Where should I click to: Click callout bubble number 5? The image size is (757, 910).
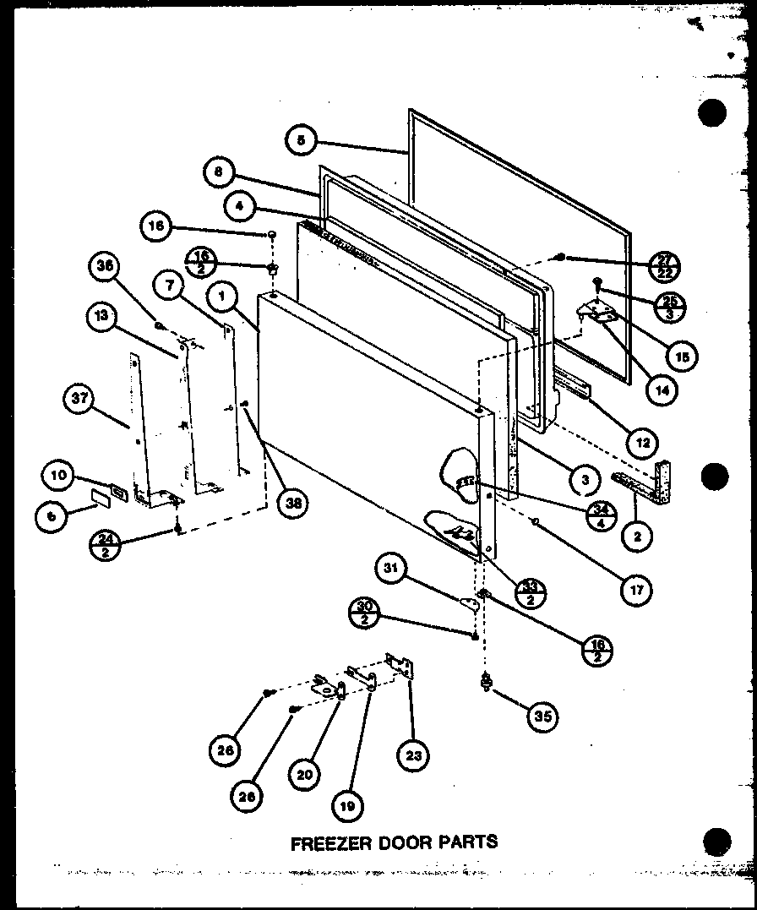[x=300, y=141]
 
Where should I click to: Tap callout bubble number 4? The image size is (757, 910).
[x=241, y=204]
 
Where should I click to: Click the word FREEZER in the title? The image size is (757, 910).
[x=324, y=842]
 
